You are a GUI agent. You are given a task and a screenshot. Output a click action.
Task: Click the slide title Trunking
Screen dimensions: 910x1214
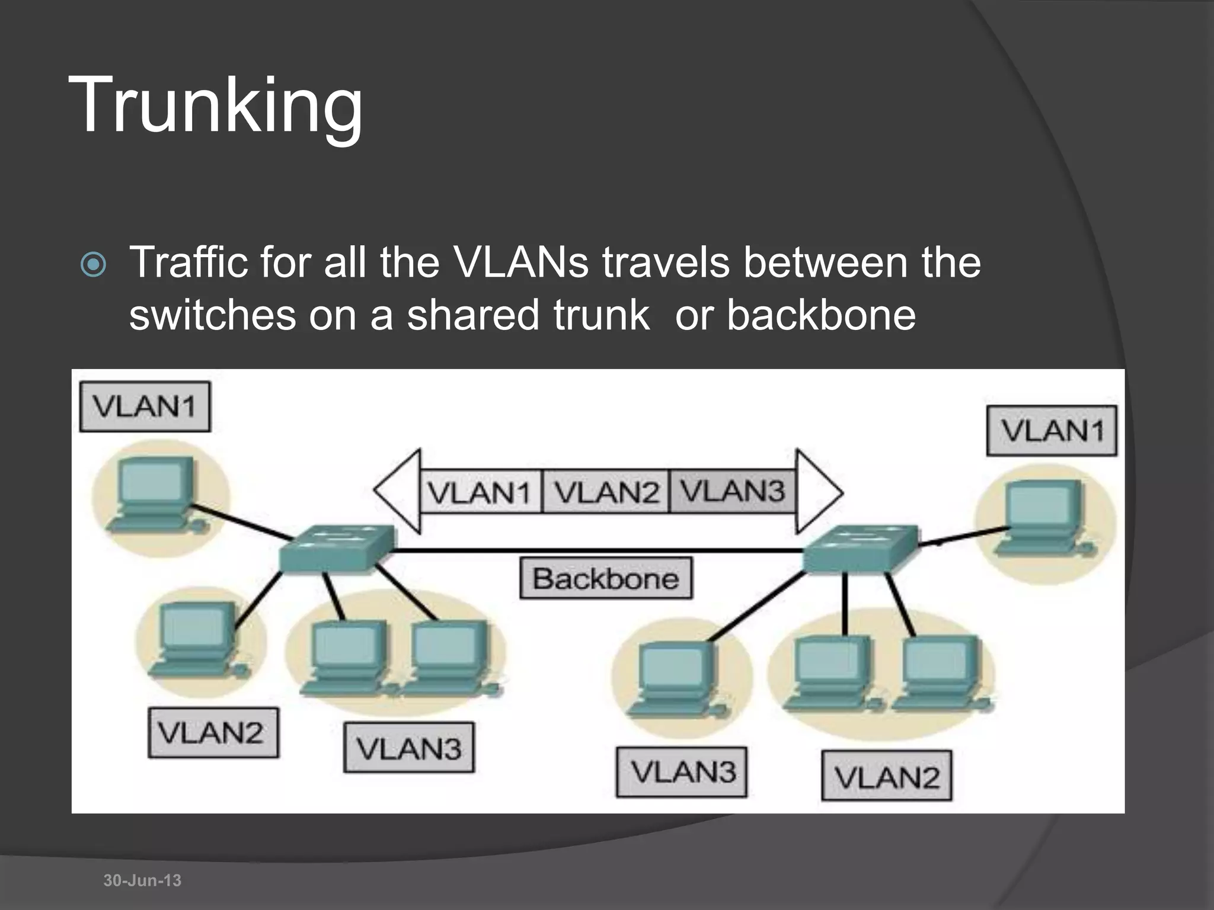point(216,105)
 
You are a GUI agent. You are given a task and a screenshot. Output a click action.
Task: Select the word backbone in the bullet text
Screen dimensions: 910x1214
point(821,315)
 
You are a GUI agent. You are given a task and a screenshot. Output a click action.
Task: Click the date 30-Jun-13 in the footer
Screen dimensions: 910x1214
point(142,880)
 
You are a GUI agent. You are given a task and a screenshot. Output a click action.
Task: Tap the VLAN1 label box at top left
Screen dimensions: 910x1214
point(145,406)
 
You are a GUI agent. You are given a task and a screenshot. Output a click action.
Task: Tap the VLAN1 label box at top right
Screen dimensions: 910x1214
point(1052,431)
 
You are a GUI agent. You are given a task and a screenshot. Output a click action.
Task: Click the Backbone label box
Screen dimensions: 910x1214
point(606,578)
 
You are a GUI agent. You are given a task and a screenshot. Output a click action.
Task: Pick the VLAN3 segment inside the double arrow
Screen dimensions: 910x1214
point(732,491)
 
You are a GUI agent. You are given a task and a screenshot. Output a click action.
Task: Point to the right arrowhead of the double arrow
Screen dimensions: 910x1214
point(818,491)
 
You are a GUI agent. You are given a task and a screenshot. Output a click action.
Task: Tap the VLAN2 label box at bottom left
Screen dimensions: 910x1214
point(213,733)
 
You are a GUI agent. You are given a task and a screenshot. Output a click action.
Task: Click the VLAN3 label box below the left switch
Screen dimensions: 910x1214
point(409,748)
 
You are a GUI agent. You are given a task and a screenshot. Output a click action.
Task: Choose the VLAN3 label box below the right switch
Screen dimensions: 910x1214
point(682,772)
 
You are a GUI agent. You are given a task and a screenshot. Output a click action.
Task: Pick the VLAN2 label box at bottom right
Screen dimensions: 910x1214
point(887,776)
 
